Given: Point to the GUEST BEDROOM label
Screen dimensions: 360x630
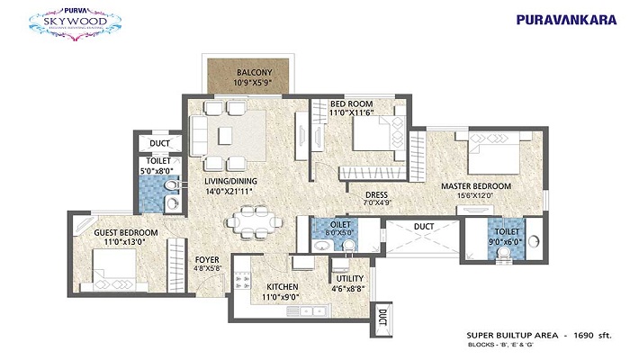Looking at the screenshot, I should click(x=126, y=232).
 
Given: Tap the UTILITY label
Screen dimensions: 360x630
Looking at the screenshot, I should click(x=349, y=279).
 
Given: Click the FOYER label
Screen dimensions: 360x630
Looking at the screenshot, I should click(x=208, y=259).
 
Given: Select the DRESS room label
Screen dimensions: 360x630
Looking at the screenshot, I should click(x=376, y=194).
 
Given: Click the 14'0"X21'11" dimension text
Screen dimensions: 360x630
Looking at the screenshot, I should click(x=228, y=192).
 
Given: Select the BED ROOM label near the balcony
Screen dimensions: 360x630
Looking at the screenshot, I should click(x=351, y=104).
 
